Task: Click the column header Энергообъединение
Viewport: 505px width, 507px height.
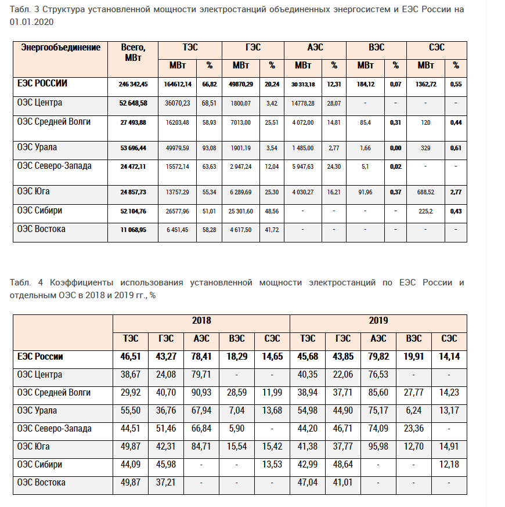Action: tap(61, 48)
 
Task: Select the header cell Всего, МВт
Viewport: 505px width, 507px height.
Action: tap(133, 52)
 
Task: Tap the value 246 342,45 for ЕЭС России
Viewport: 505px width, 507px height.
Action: tap(133, 84)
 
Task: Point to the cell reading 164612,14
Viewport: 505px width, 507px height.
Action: tap(178, 84)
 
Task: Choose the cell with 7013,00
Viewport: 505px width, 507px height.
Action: tap(241, 122)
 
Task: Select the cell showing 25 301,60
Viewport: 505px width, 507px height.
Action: tap(241, 211)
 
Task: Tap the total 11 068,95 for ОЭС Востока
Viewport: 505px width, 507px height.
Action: tap(133, 230)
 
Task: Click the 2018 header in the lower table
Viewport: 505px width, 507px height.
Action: tap(201, 320)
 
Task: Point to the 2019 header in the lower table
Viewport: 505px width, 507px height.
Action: tap(378, 320)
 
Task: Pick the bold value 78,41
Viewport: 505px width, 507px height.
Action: tap(201, 357)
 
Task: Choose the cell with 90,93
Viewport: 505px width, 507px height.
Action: tap(201, 393)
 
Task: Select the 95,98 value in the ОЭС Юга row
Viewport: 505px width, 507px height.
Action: tap(378, 447)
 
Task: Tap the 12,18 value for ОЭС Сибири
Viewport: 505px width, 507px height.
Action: tap(449, 465)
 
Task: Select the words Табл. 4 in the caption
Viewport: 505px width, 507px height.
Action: tap(20, 283)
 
